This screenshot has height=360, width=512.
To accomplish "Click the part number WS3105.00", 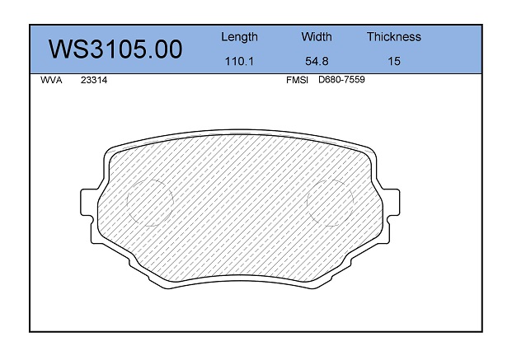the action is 115,49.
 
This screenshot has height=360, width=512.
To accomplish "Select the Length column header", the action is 239,37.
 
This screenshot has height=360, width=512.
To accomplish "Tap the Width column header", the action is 317,36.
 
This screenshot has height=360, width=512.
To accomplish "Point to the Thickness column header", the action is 394,36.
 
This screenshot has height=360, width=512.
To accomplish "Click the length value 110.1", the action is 239,61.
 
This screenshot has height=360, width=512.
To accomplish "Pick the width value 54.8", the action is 317,61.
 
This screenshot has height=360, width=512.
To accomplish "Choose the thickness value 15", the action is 394,61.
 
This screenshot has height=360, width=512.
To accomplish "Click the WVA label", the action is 51,80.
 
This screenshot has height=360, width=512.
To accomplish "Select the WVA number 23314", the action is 94,80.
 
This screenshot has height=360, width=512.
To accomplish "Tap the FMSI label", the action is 297,80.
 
